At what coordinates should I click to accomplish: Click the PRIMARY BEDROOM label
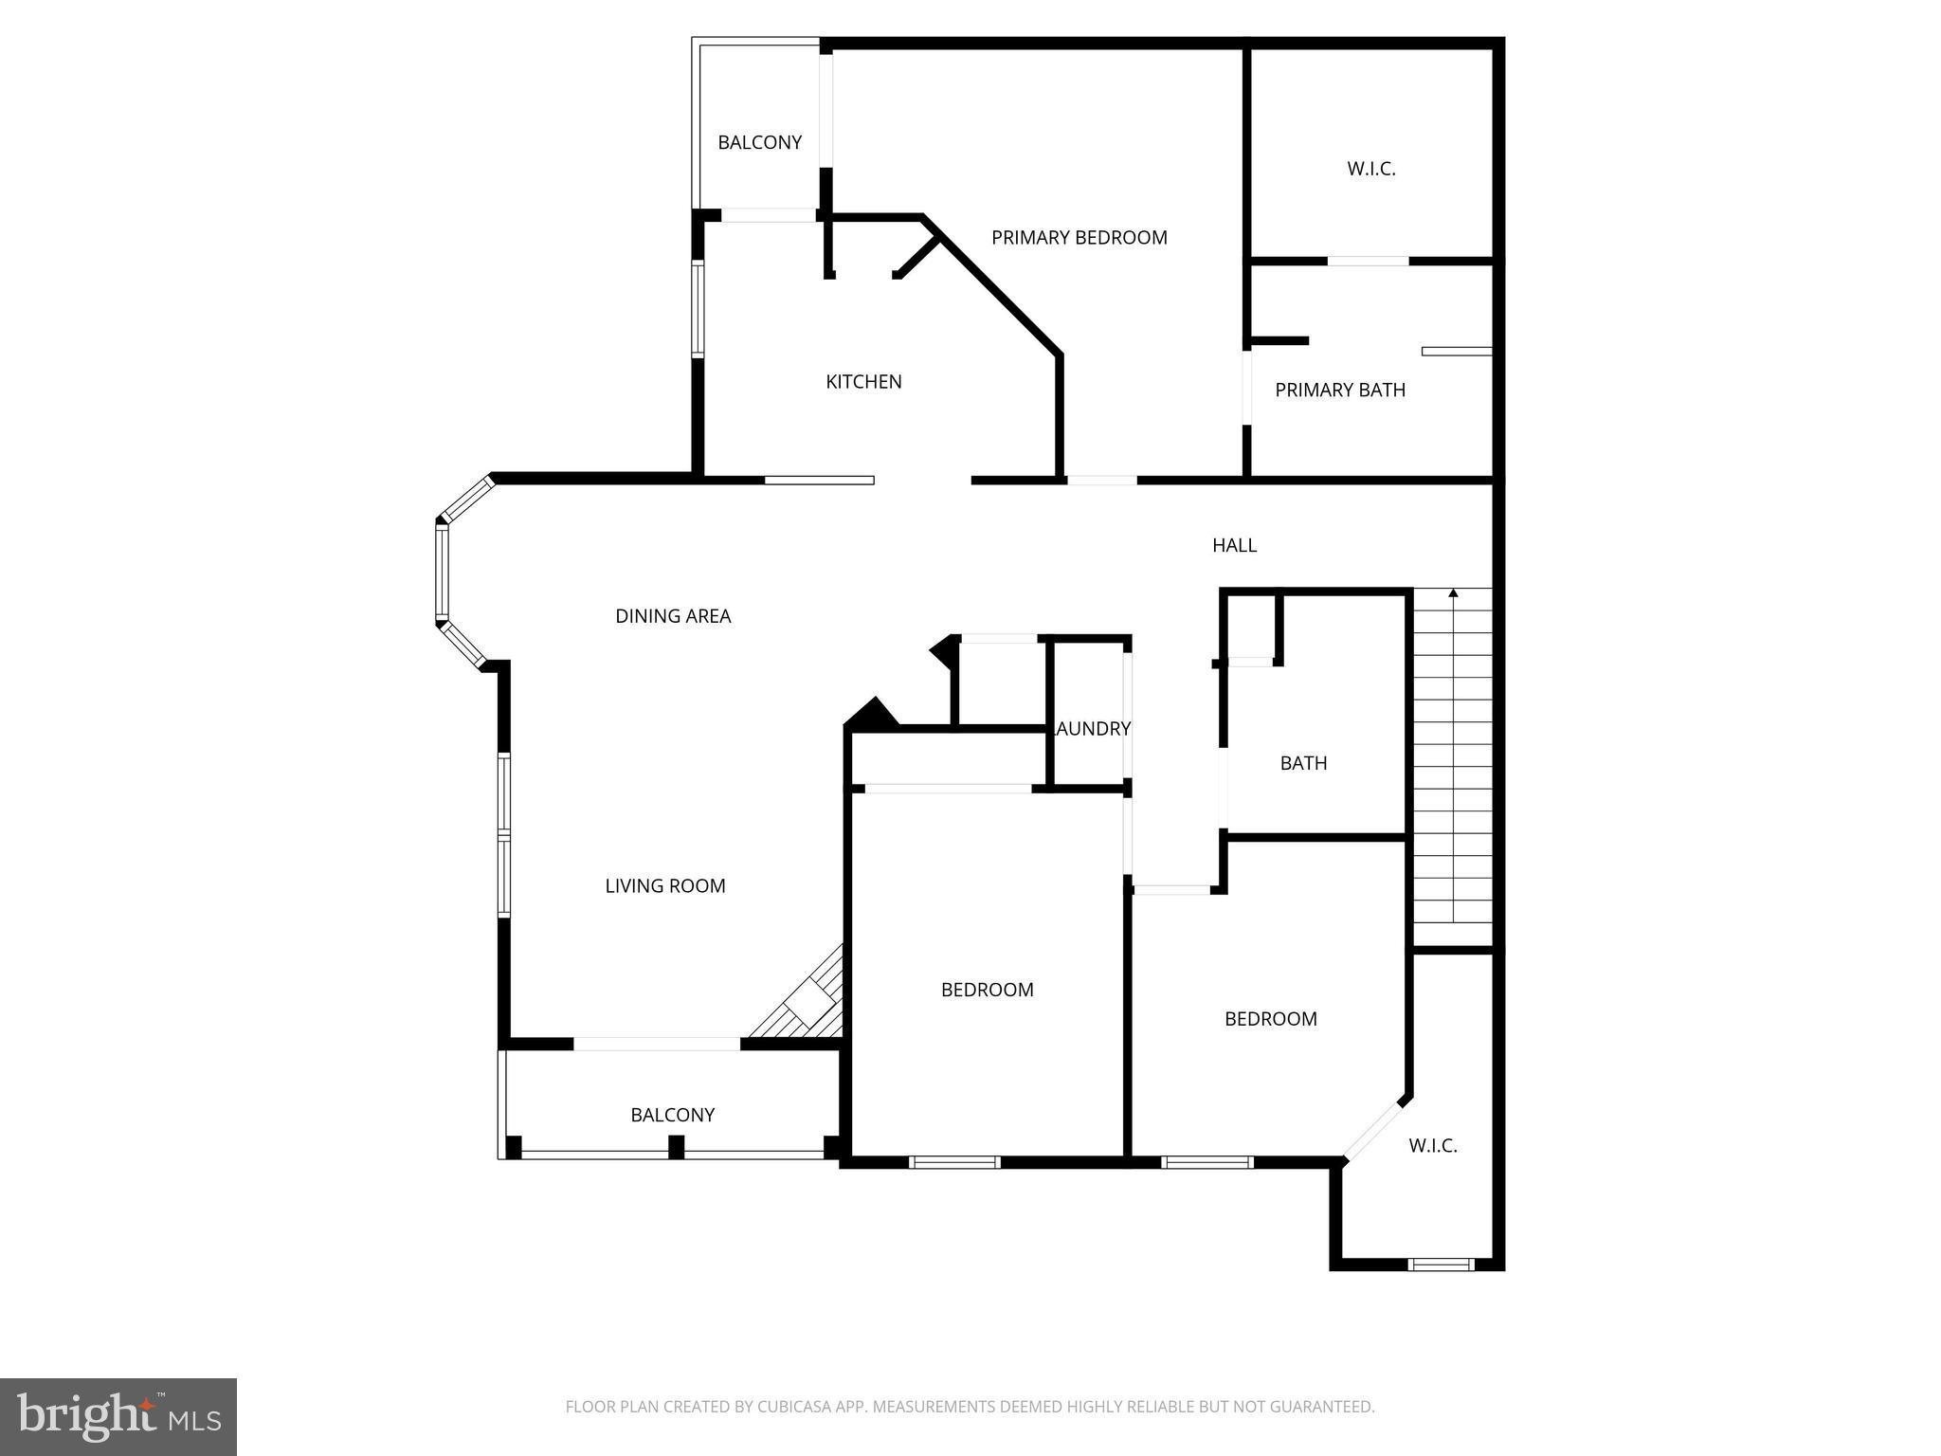[1079, 238]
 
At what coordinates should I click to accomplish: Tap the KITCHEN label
[863, 382]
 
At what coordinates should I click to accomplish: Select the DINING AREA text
[673, 616]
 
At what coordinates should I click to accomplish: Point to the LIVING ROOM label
[665, 886]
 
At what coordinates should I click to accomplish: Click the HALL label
[1234, 545]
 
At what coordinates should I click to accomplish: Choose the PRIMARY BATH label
[1339, 390]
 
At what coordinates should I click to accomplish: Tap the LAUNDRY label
[1094, 729]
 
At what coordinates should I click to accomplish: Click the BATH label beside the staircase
[1303, 763]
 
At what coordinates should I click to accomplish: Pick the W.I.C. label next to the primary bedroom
[1371, 169]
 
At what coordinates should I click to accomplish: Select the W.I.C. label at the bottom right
[1432, 1146]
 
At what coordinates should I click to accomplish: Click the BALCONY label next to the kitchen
[759, 142]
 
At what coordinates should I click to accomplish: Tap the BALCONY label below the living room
[672, 1115]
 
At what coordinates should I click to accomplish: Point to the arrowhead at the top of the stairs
[1453, 593]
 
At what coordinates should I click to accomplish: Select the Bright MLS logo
[118, 1416]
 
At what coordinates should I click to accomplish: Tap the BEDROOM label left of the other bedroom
[987, 990]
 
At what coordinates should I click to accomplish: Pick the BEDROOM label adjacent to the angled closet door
[1270, 1019]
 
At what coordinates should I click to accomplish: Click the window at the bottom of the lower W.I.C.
[1441, 1264]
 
